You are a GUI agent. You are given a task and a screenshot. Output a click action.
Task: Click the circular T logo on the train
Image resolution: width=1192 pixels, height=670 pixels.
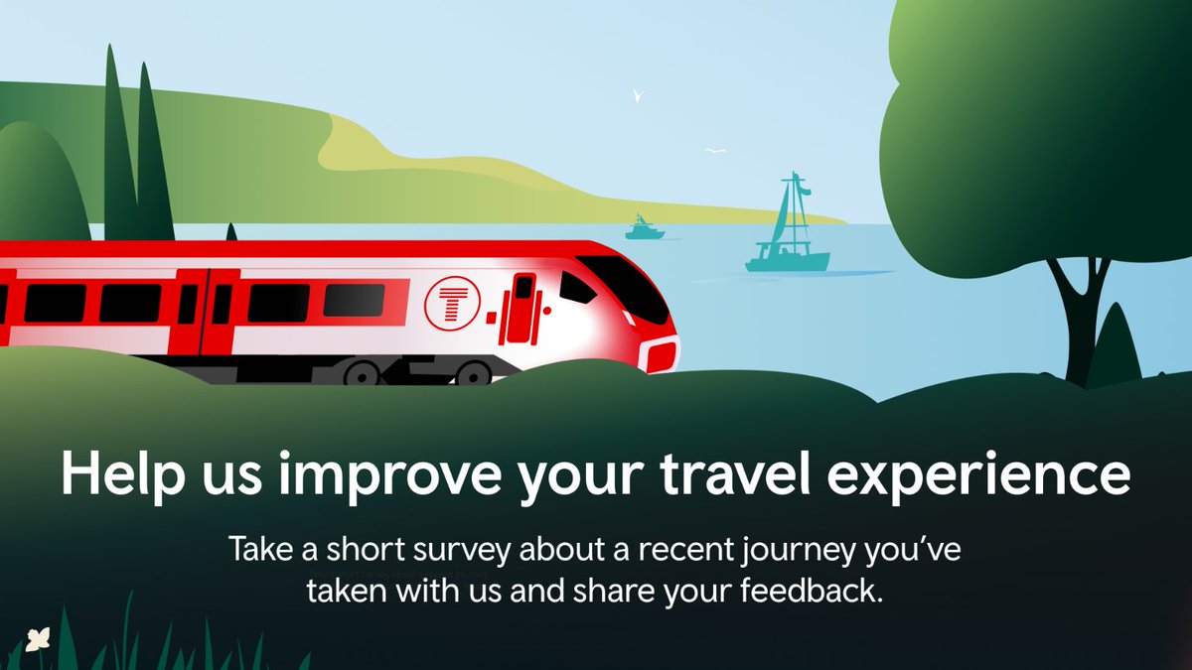pos(451,303)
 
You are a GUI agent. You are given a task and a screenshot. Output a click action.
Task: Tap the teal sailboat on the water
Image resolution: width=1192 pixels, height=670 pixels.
pos(788,238)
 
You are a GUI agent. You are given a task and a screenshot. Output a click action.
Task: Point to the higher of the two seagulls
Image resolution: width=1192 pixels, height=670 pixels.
pos(639,96)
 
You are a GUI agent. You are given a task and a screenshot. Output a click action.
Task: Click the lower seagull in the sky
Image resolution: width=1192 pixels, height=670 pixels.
pos(715,151)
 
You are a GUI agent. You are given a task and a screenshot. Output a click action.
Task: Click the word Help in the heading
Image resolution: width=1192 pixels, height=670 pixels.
pos(118,474)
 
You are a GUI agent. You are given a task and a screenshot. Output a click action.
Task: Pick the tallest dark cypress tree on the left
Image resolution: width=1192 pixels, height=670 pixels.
pos(116,149)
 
